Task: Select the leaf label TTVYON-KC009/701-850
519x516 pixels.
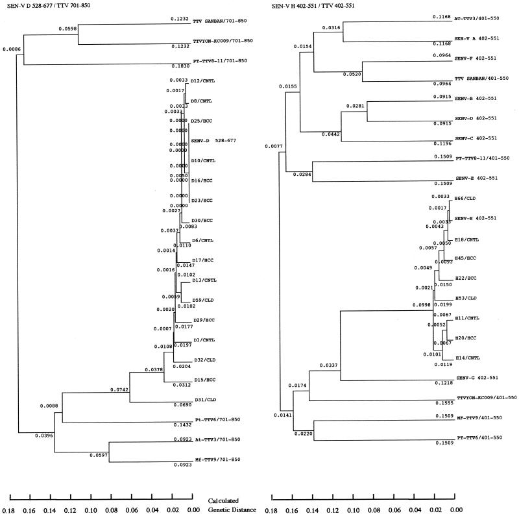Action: (x=224, y=41)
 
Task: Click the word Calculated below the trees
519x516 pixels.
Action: (x=226, y=501)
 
